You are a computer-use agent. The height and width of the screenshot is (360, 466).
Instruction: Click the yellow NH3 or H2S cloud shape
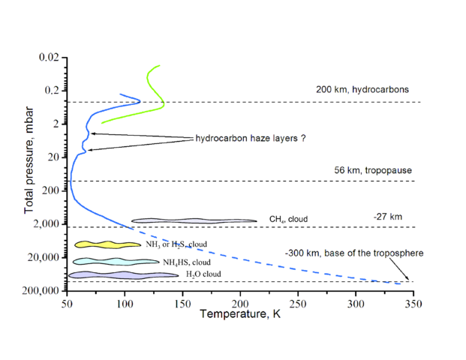pos(107,244)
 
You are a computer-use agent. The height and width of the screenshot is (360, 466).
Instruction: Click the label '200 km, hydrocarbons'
pos(362,89)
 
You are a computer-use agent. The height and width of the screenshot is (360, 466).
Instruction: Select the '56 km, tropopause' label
pos(373,170)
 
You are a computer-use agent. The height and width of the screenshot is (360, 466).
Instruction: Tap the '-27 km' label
pos(387,217)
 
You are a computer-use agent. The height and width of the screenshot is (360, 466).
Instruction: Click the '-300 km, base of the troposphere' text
pos(353,253)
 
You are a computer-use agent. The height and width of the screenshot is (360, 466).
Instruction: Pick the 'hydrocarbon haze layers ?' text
pos(250,139)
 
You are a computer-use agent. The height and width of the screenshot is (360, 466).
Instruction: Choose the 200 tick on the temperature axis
pos(239,304)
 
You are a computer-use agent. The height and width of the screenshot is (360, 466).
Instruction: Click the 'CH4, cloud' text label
pos(288,220)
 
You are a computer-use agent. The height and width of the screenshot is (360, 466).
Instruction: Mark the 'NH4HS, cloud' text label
pos(187,262)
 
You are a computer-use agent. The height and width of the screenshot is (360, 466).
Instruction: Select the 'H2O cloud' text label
pos(204,275)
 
